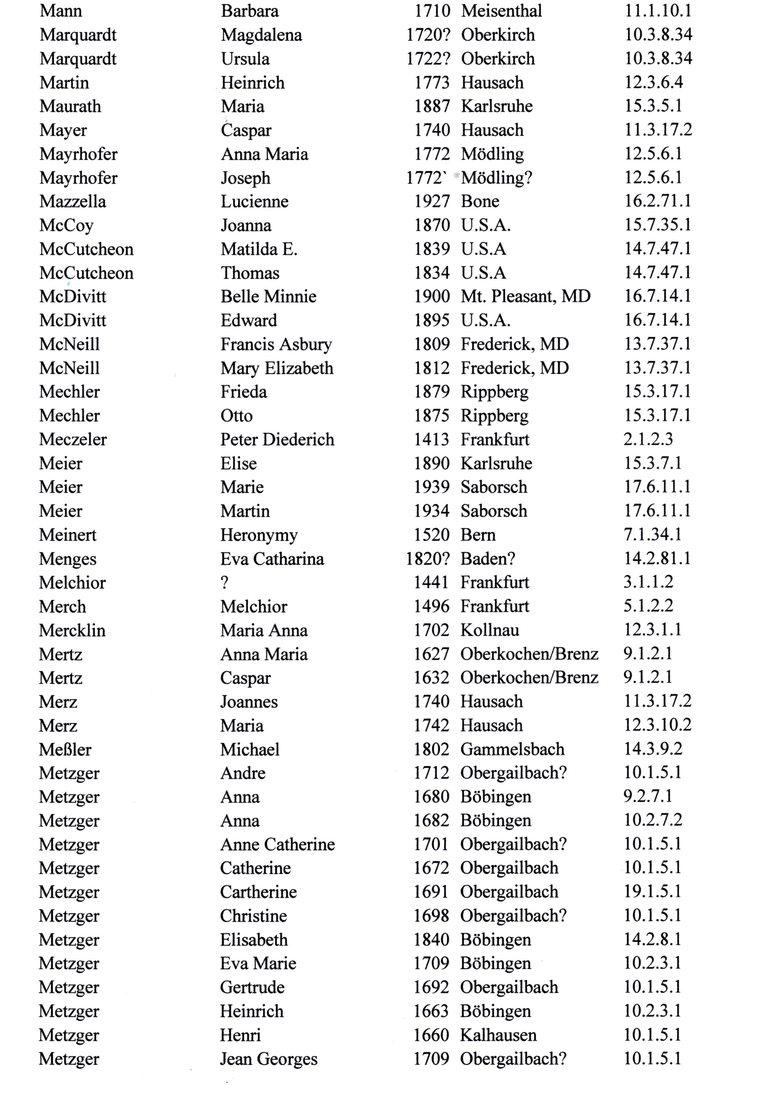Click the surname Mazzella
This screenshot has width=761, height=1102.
coord(73,202)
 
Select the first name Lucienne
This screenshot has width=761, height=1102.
coord(254,202)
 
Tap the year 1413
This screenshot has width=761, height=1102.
coord(431,439)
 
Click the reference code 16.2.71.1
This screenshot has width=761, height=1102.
coord(657,201)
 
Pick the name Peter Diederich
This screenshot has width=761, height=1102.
coord(277,439)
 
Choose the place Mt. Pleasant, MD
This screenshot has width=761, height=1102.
coord(526,297)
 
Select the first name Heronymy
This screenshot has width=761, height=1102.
coord(259,535)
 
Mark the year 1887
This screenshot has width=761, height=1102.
coord(431,106)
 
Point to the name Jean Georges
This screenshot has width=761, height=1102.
coord(268,1059)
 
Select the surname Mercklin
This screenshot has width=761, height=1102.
coord(72,630)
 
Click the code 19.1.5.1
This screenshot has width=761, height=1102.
coord(652,892)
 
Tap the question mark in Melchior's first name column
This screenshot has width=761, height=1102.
coord(224,583)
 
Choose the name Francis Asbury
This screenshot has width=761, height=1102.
coord(276,344)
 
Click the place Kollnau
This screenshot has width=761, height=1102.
coord(490,630)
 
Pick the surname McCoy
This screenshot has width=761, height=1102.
coord(66,226)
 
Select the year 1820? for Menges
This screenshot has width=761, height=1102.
coord(428,559)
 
